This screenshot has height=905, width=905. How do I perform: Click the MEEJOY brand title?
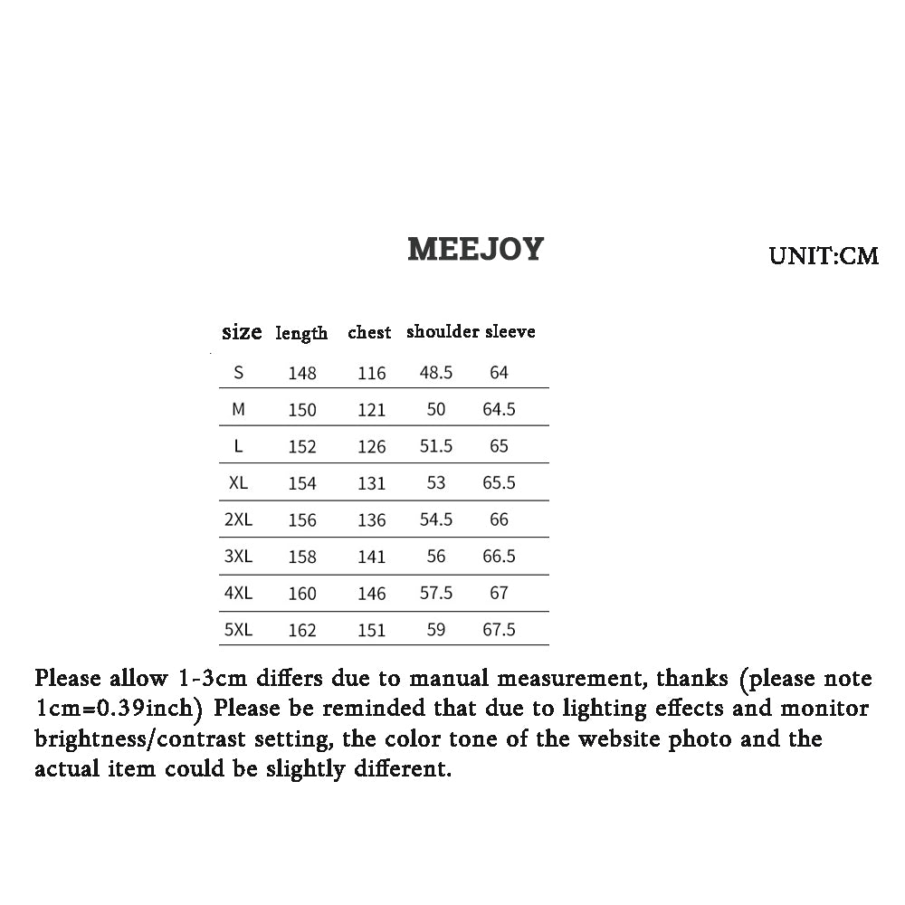(x=475, y=249)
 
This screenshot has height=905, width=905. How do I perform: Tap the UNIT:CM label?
(x=824, y=256)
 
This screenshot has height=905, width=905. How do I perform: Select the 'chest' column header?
(x=369, y=333)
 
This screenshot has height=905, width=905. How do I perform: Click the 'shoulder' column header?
(x=443, y=332)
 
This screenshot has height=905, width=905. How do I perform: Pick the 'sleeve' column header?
(x=510, y=332)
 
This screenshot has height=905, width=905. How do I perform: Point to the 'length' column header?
(x=301, y=333)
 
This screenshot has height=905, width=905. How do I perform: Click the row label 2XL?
(x=238, y=519)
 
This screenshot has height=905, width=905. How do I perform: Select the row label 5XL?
(x=238, y=629)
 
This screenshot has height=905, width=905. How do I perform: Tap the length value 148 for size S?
(x=302, y=373)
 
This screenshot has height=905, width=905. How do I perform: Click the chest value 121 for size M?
(x=371, y=410)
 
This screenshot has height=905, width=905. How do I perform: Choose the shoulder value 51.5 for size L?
(x=436, y=446)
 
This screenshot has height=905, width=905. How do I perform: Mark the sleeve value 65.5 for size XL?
(x=499, y=483)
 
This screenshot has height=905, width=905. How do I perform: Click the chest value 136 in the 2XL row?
(x=371, y=520)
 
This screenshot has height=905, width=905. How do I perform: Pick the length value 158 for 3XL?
(x=302, y=557)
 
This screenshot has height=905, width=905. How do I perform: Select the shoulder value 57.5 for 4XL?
(x=436, y=594)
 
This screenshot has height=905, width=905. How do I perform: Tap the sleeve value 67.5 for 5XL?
(x=499, y=630)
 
